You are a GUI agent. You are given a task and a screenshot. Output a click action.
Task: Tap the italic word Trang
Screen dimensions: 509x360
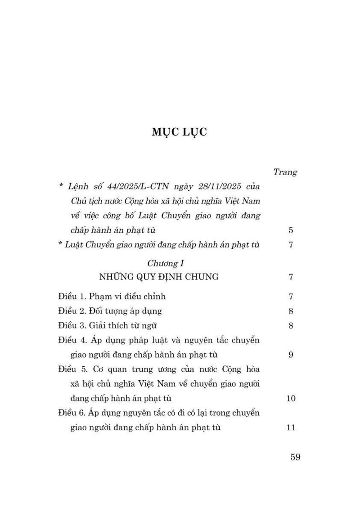pyautogui.click(x=285, y=172)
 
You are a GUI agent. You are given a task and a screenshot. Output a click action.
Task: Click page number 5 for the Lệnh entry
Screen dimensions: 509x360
pyautogui.click(x=291, y=230)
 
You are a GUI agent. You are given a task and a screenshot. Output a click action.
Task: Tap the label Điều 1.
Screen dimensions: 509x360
pyautogui.click(x=72, y=296)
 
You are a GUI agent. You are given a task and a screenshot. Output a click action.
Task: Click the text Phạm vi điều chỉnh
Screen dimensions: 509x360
pyautogui.click(x=127, y=296)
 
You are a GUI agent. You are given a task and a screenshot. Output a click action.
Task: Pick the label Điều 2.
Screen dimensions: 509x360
pyautogui.click(x=72, y=311)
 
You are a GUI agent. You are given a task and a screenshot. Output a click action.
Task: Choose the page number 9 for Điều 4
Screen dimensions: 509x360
pyautogui.click(x=291, y=355)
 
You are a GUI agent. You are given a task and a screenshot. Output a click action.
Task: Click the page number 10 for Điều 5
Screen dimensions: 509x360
pyautogui.click(x=291, y=398)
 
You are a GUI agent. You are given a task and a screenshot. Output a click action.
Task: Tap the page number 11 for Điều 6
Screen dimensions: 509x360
pyautogui.click(x=291, y=428)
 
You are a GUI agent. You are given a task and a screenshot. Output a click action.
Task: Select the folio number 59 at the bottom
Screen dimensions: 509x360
pyautogui.click(x=295, y=457)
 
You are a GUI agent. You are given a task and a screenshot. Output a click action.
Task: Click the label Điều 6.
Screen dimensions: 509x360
pyautogui.click(x=72, y=413)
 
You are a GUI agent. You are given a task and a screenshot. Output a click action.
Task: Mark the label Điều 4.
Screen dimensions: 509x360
pyautogui.click(x=72, y=340)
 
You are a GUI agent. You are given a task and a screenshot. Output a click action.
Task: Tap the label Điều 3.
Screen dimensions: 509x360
pyautogui.click(x=72, y=325)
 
